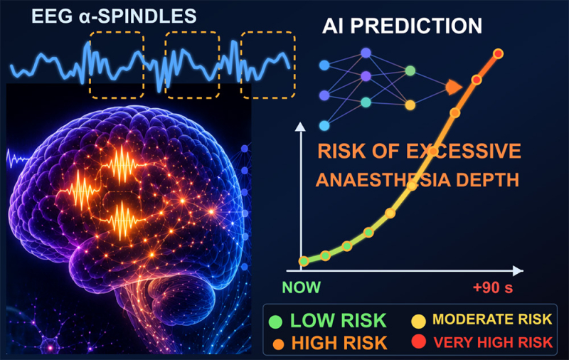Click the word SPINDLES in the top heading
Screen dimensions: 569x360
coord(145,16)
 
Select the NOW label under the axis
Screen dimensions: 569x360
coord(301,287)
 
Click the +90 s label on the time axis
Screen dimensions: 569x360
coord(493,287)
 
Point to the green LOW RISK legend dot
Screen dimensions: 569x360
coord(275,322)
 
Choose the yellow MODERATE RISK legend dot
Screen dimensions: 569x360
coord(418,321)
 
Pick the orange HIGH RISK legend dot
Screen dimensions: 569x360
coord(278,344)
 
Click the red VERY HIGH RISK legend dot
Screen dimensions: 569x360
coord(418,342)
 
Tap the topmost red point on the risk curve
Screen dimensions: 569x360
coord(499,53)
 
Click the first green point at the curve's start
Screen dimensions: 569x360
coord(304,260)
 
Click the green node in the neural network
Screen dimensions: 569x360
coord(410,70)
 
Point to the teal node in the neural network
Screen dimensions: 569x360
coord(366,102)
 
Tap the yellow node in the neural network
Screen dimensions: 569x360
coord(410,105)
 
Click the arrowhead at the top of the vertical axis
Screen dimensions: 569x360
coord(300,127)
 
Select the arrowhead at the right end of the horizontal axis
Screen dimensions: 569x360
coord(519,271)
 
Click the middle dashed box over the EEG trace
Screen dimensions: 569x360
coord(192,32)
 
